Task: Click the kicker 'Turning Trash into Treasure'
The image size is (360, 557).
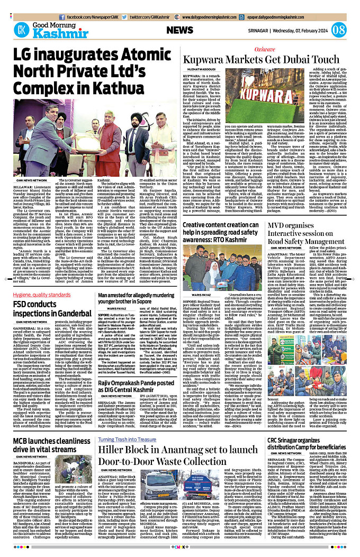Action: (x=127, y=425)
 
